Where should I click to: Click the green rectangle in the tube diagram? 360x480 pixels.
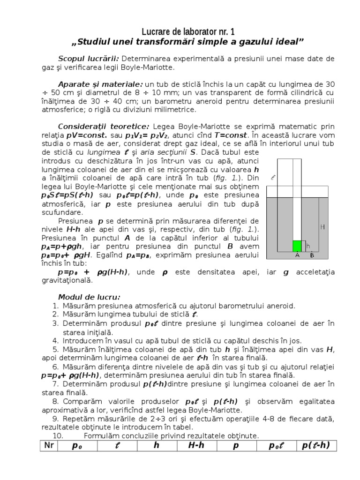pyautogui.click(x=296, y=246)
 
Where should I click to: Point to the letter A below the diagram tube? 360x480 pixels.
pyautogui.click(x=297, y=255)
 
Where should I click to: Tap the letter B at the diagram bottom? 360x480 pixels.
pyautogui.click(x=312, y=255)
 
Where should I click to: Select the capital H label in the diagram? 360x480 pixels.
pyautogui.click(x=322, y=227)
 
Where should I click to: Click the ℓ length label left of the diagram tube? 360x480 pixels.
pyautogui.click(x=273, y=178)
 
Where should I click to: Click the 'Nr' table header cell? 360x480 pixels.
pyautogui.click(x=47, y=446)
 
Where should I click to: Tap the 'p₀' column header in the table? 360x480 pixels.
pyautogui.click(x=77, y=446)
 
